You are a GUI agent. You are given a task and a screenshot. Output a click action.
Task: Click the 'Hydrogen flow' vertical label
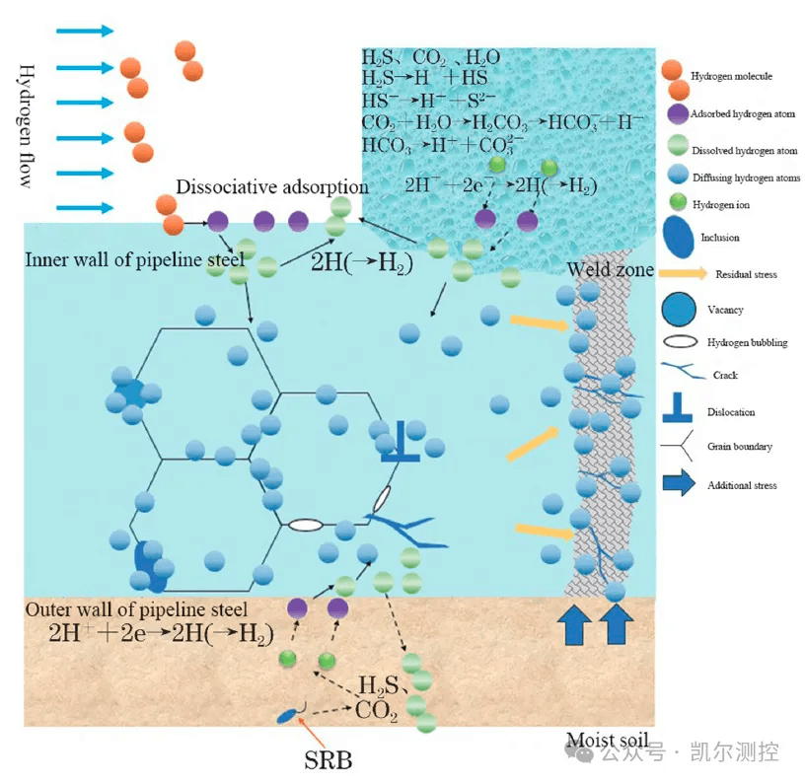(27, 126)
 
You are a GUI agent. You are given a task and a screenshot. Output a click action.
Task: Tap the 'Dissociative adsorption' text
(272, 186)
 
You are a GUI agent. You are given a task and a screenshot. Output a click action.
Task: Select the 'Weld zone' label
(610, 269)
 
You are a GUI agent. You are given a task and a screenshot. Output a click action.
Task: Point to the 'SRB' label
(329, 760)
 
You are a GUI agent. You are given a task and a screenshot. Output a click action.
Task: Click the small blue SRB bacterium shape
(288, 715)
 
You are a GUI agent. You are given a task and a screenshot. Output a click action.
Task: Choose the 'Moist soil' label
(608, 740)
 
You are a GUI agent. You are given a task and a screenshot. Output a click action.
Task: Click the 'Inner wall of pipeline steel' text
(135, 259)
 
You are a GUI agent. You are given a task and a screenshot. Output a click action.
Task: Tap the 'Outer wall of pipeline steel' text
(136, 609)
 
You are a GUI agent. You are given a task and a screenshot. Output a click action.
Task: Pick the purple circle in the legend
(678, 114)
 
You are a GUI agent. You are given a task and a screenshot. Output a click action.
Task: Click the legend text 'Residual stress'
(746, 274)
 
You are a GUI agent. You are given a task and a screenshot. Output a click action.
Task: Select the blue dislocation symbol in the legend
(678, 407)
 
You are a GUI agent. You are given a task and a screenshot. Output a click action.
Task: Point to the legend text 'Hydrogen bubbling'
(747, 342)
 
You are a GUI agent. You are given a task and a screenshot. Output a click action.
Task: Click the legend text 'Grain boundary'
(739, 447)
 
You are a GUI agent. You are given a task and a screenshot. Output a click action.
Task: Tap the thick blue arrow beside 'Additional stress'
(679, 483)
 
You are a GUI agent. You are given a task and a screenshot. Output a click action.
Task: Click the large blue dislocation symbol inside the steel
(400, 441)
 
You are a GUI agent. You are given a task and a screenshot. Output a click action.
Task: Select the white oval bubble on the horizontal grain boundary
(306, 525)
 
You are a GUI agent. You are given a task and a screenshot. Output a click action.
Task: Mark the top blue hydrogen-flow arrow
(85, 31)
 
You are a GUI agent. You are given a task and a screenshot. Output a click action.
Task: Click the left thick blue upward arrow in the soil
(574, 624)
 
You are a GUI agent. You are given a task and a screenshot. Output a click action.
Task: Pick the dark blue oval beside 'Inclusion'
(678, 237)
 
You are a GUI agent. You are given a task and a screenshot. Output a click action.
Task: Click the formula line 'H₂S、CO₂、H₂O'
(431, 57)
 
